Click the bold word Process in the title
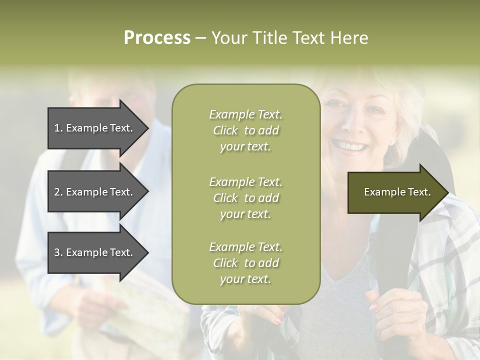point(157,38)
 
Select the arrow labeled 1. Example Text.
point(95,128)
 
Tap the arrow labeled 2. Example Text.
point(95,192)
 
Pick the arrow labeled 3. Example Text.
point(95,252)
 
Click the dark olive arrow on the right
point(395,192)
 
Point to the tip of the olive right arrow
point(447,192)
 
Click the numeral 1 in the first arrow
point(57,128)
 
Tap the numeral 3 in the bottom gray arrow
point(57,252)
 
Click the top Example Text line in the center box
point(245,114)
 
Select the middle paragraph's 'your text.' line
point(245,214)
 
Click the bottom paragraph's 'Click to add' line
point(245,263)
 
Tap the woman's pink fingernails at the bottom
point(277,320)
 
